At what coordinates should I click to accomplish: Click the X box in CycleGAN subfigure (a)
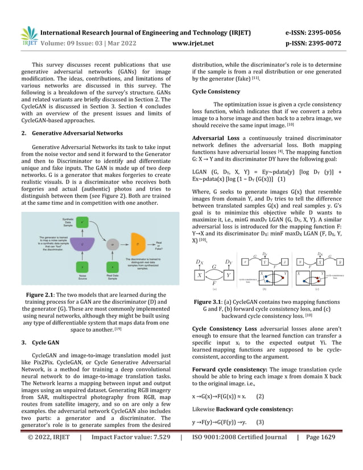pos(200,274)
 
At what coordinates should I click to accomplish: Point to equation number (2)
pos(260,411)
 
